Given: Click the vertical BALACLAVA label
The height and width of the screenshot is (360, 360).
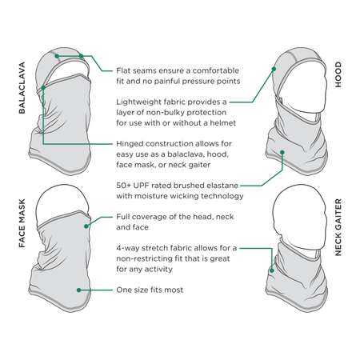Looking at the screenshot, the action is pos(22,88).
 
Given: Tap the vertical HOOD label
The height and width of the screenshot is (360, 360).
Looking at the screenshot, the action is pos(338,74).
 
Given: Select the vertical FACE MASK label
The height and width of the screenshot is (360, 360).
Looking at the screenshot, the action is pos(22,223).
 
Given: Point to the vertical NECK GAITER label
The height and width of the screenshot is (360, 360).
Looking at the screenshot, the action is pos(338,227).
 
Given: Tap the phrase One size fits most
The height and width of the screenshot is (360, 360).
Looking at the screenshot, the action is pos(150,290).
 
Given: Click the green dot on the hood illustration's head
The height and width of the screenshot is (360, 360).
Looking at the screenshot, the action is pos(274,69).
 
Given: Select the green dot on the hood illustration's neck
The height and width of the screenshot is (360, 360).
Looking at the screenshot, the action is pos(282,152).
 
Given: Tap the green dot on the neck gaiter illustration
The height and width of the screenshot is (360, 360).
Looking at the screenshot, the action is pos(272,270).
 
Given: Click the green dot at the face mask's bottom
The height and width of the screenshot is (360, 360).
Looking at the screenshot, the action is pos(79,290).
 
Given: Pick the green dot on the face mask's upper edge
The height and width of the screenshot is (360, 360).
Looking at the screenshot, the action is pos(86,226).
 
